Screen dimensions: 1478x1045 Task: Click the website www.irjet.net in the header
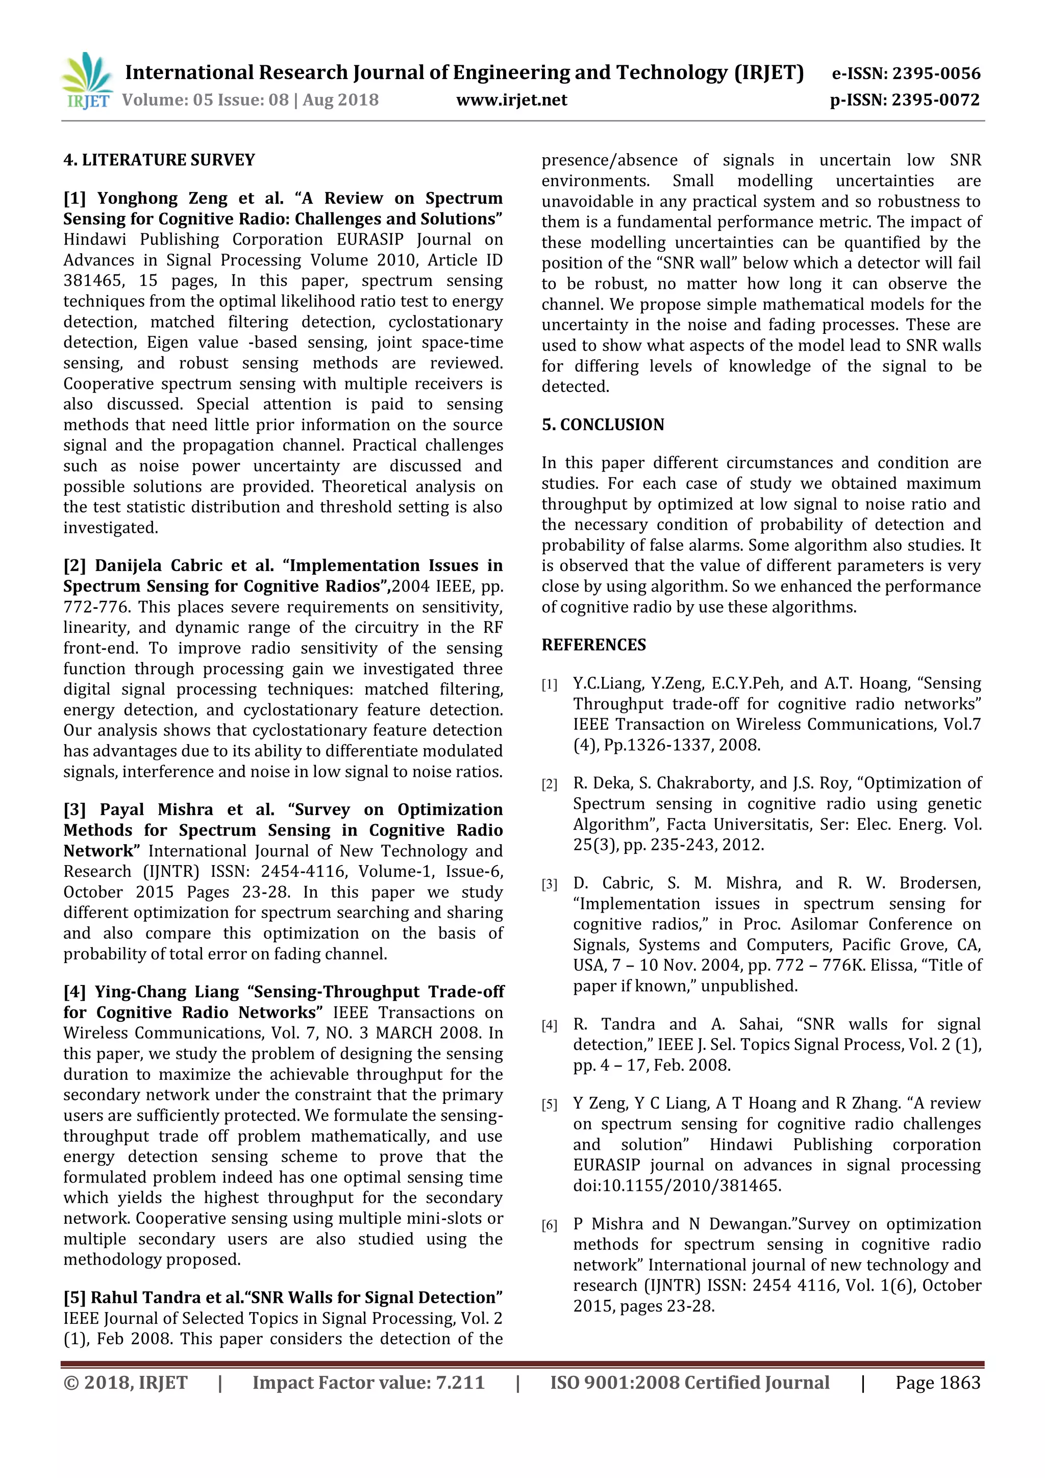tap(512, 100)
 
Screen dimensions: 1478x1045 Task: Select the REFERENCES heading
tap(593, 645)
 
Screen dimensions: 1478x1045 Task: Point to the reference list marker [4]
tap(549, 1025)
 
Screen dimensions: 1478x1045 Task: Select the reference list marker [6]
tap(549, 1225)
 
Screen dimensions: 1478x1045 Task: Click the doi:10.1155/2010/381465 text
tap(677, 1186)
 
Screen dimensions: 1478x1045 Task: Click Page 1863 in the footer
tap(937, 1383)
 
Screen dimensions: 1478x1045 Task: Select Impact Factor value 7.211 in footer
tap(368, 1383)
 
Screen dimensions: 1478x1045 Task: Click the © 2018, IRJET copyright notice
tap(126, 1383)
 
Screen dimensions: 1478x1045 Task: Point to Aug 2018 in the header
tap(340, 100)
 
